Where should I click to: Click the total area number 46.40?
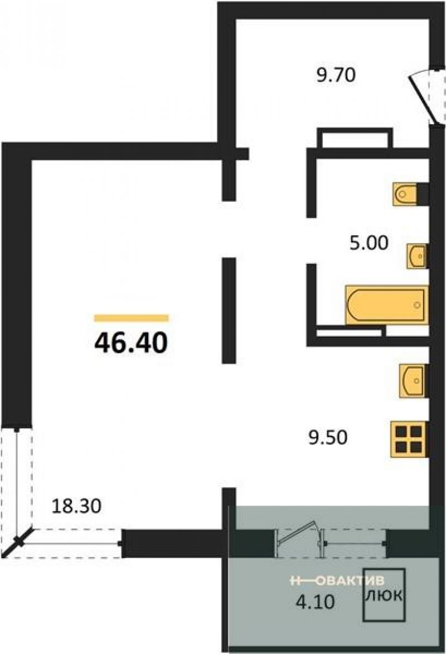point(131,343)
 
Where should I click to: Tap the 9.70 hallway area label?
point(336,75)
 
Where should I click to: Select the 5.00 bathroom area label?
point(369,243)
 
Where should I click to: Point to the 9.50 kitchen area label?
point(328,438)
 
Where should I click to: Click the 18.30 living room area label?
point(76,506)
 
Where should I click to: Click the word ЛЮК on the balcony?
point(384,595)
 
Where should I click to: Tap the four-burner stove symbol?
point(409,439)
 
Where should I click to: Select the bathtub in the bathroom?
point(387,305)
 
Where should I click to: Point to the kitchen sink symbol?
point(412,381)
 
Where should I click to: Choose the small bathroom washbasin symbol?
point(417,255)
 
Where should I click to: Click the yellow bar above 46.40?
point(132,318)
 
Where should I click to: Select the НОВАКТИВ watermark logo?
point(337,580)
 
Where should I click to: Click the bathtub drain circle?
point(417,305)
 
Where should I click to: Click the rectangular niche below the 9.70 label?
point(355,138)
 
